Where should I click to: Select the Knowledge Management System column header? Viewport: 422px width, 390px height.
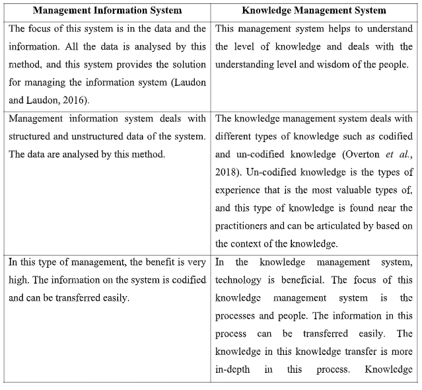[314, 11]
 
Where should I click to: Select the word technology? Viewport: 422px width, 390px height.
[238, 280]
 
